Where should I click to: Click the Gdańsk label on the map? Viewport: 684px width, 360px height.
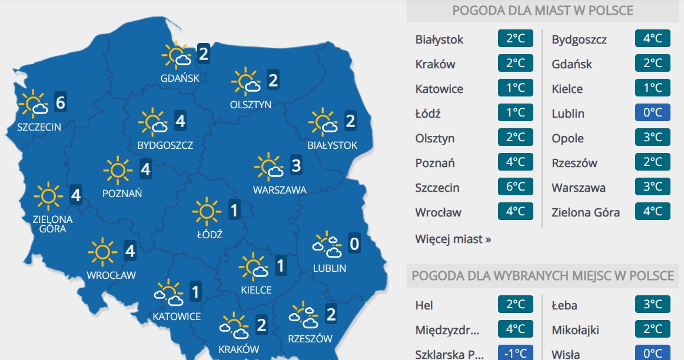click(x=180, y=78)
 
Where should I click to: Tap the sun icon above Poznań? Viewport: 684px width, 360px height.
click(x=117, y=170)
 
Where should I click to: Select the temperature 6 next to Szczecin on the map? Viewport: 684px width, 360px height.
click(x=59, y=103)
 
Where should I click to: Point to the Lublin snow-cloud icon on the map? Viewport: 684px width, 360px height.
click(x=327, y=245)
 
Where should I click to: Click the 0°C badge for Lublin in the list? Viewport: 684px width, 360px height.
click(x=653, y=114)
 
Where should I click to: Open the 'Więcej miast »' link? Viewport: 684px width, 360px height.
click(x=453, y=239)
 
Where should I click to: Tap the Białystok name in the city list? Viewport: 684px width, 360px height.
click(x=439, y=40)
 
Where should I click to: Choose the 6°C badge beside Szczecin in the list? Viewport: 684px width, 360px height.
click(x=516, y=188)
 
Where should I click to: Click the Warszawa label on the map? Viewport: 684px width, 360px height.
click(x=280, y=190)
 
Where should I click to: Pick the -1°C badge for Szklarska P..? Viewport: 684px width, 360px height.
click(x=516, y=354)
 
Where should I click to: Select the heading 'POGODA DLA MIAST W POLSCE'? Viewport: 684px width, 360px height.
click(x=543, y=11)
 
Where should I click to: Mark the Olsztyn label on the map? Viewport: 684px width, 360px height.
click(x=251, y=105)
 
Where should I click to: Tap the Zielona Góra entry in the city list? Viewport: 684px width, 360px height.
click(x=586, y=212)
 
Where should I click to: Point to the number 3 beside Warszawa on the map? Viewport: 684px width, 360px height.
click(x=295, y=166)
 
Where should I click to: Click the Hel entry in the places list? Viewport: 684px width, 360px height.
click(x=424, y=305)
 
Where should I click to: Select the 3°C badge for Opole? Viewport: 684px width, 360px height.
click(x=653, y=138)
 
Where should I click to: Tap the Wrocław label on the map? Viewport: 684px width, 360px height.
click(x=111, y=275)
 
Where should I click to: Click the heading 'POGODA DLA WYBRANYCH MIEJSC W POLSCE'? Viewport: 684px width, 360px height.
click(x=543, y=276)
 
